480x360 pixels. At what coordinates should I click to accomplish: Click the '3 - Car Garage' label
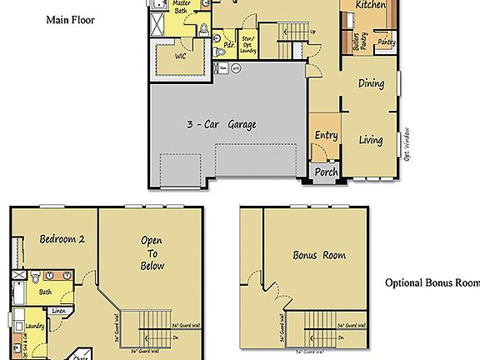click(221, 125)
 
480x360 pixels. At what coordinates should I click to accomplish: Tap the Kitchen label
click(370, 5)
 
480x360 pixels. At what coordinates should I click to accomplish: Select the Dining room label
click(371, 83)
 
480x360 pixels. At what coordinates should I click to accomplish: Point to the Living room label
click(371, 140)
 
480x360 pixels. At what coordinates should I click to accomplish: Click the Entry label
click(325, 136)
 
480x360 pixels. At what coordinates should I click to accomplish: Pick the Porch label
click(326, 173)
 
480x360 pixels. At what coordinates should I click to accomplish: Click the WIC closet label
click(180, 57)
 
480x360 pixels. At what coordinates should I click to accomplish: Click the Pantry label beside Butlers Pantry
click(386, 41)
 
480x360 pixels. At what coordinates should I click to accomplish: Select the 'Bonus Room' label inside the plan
click(319, 255)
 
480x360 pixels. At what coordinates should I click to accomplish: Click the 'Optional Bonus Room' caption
click(432, 283)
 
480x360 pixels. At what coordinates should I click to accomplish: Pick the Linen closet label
click(58, 312)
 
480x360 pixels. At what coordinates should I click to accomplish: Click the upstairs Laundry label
click(35, 327)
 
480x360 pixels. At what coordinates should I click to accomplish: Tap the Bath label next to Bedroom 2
click(45, 292)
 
